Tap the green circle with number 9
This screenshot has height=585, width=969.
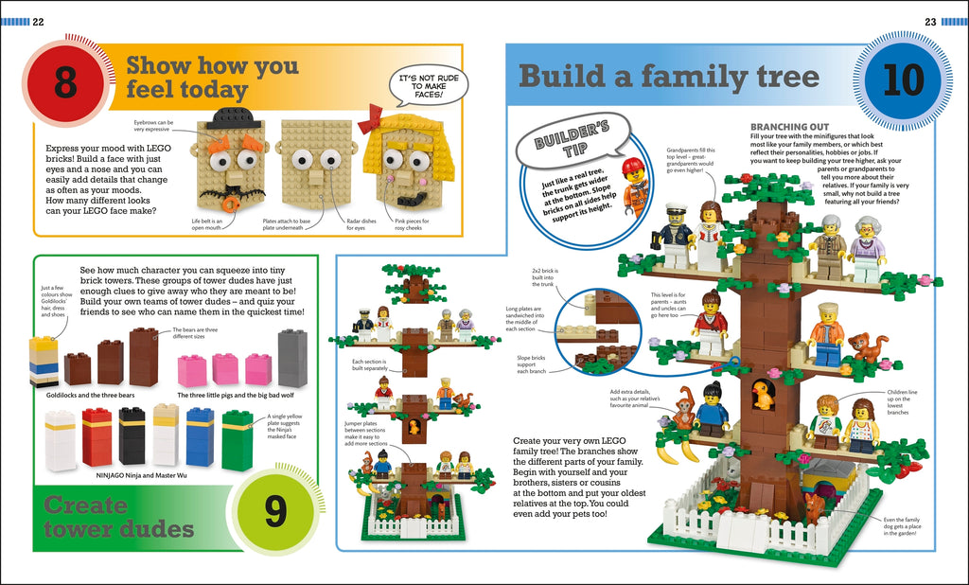pyautogui.click(x=274, y=512)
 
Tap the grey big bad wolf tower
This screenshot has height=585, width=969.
pyautogui.click(x=292, y=358)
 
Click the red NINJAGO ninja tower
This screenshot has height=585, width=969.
pyautogui.click(x=97, y=436)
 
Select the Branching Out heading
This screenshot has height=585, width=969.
pyautogui.click(x=789, y=126)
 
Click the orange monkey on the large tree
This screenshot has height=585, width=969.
pyautogui.click(x=683, y=411)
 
